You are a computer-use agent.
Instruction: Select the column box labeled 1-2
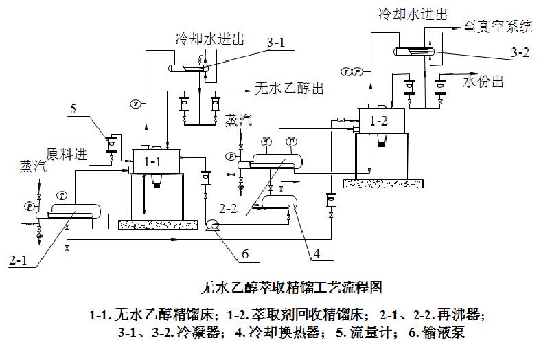tap(379, 120)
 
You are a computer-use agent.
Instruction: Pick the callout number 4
tap(317, 254)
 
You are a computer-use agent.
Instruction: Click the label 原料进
tap(67, 154)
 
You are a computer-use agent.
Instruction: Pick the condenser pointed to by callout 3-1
tap(190, 67)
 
